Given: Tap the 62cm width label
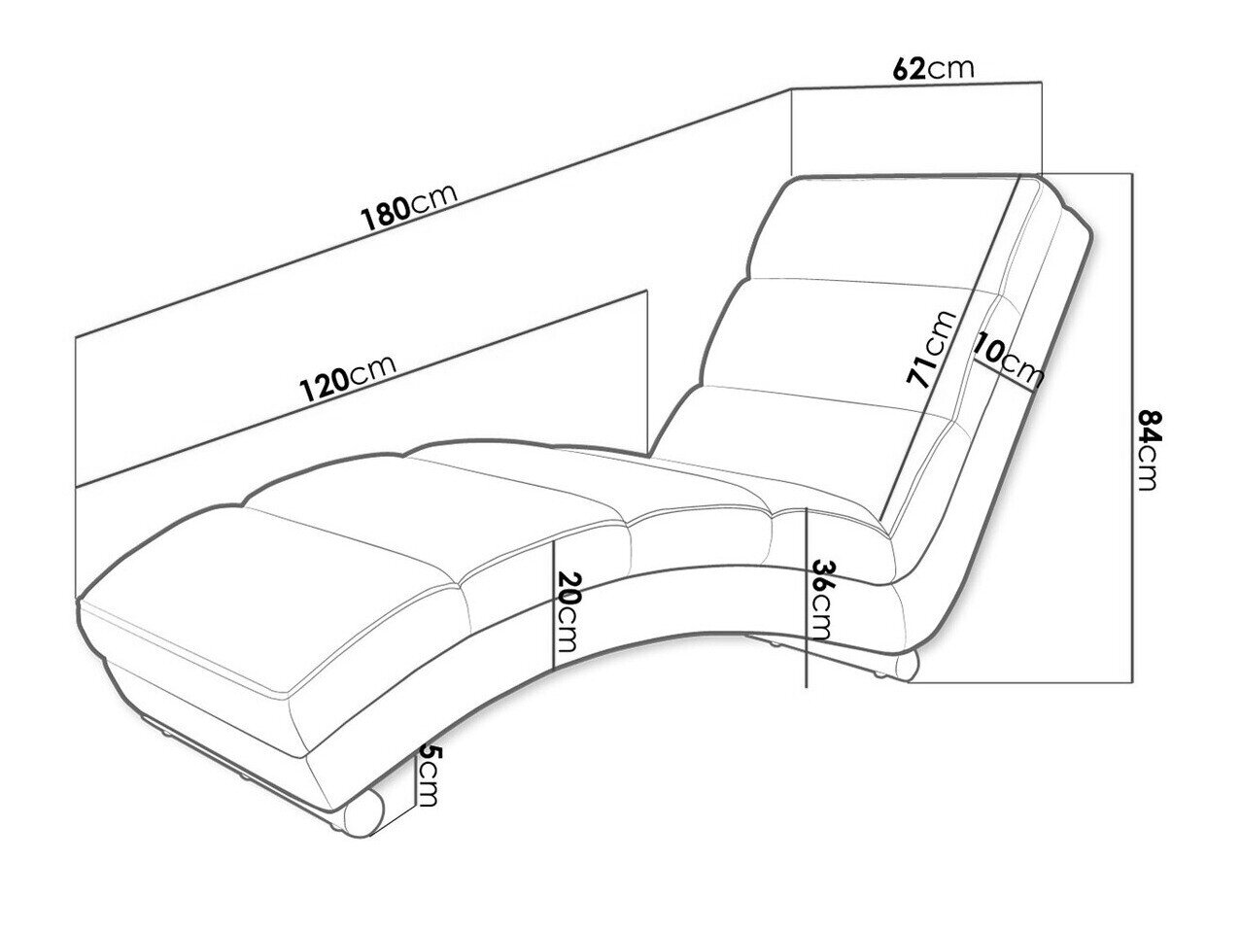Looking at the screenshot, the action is pyautogui.click(x=934, y=68).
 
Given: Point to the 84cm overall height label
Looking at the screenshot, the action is pyautogui.click(x=1147, y=450).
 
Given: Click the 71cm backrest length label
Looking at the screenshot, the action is pyautogui.click(x=930, y=350).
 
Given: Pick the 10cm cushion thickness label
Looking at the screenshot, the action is pyautogui.click(x=1008, y=362).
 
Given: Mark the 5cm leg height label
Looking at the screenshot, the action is pyautogui.click(x=428, y=775).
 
